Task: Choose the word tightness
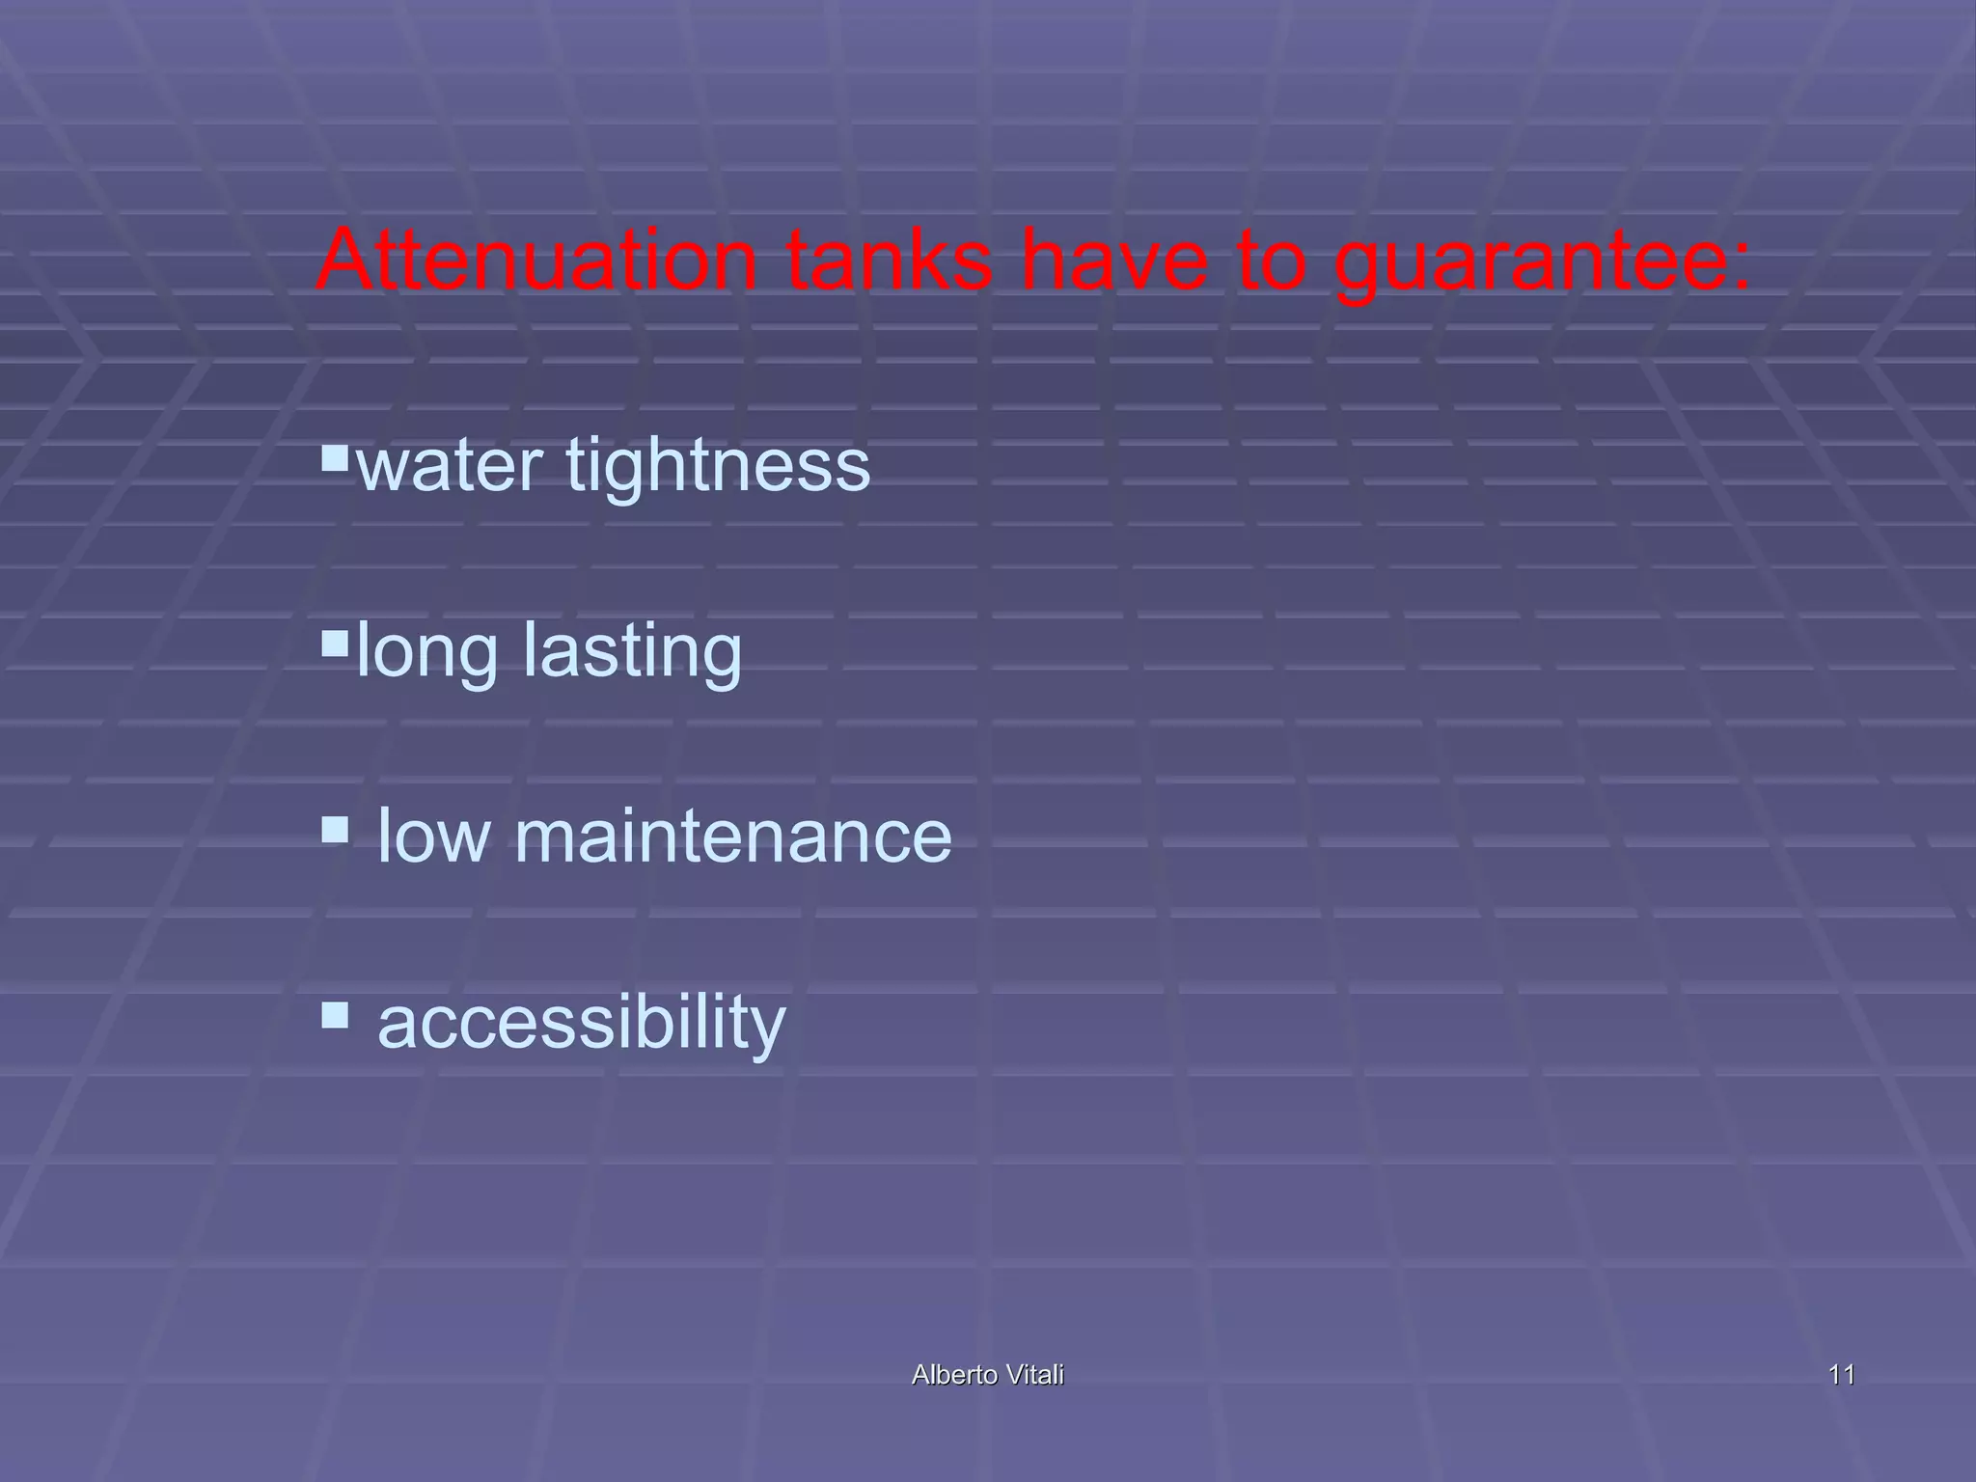(x=718, y=464)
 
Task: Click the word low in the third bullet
(x=433, y=836)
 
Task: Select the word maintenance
(x=732, y=836)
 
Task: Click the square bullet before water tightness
(x=334, y=455)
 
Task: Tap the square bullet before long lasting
(x=334, y=643)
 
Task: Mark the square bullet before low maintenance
(x=334, y=829)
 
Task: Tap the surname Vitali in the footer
(x=1034, y=1375)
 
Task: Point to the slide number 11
(x=1841, y=1375)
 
